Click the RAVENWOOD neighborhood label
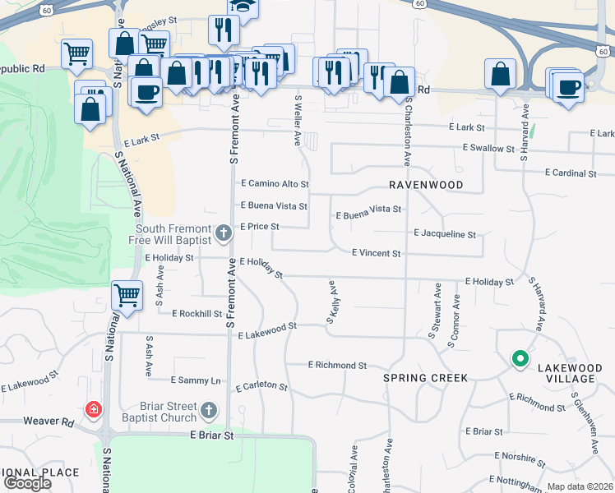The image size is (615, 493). (426, 185)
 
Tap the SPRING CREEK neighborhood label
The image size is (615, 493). (425, 378)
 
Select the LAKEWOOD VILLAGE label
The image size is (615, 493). (566, 373)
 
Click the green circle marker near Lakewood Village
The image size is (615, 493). (520, 358)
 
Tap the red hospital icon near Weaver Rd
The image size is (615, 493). (95, 408)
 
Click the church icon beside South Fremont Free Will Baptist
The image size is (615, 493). (223, 235)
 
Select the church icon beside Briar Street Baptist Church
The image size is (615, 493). (210, 409)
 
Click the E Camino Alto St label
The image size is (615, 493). (274, 184)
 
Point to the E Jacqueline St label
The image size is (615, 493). (445, 234)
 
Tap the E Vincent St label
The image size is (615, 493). (376, 254)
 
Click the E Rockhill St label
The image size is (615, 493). (197, 313)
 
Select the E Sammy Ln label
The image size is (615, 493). (196, 380)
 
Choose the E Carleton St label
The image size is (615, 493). (261, 386)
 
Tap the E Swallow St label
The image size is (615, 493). (489, 148)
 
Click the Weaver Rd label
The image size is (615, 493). (48, 421)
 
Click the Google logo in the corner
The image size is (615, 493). (27, 483)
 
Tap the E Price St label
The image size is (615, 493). (260, 226)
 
